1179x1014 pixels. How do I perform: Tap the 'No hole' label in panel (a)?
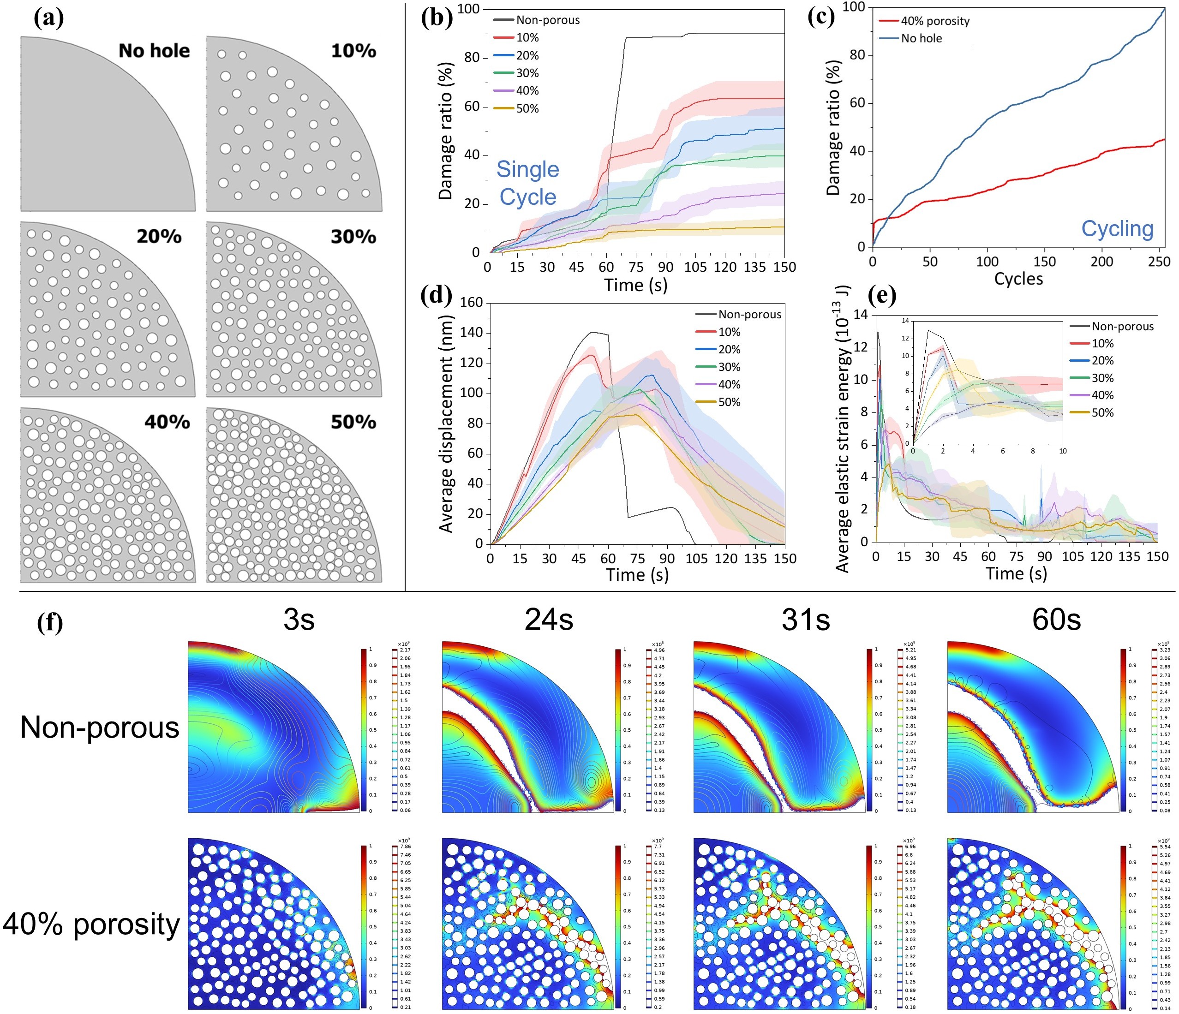click(x=154, y=51)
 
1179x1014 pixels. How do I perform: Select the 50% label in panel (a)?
click(x=353, y=422)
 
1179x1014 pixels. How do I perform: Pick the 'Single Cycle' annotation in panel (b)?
click(x=527, y=183)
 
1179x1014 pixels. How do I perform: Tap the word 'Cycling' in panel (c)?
click(x=1117, y=229)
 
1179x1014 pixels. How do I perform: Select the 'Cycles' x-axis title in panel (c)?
click(x=1018, y=279)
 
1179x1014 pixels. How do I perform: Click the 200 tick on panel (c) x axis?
click(x=1101, y=262)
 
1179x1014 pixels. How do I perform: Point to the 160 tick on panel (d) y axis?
click(x=471, y=303)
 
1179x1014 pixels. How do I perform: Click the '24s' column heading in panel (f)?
click(x=549, y=619)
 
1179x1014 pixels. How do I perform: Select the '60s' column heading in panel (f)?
click(x=1056, y=619)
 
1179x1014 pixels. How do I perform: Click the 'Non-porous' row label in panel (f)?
click(x=100, y=727)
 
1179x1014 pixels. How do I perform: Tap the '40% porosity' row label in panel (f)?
click(x=91, y=924)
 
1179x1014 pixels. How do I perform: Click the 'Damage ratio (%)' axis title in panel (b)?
click(x=446, y=131)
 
